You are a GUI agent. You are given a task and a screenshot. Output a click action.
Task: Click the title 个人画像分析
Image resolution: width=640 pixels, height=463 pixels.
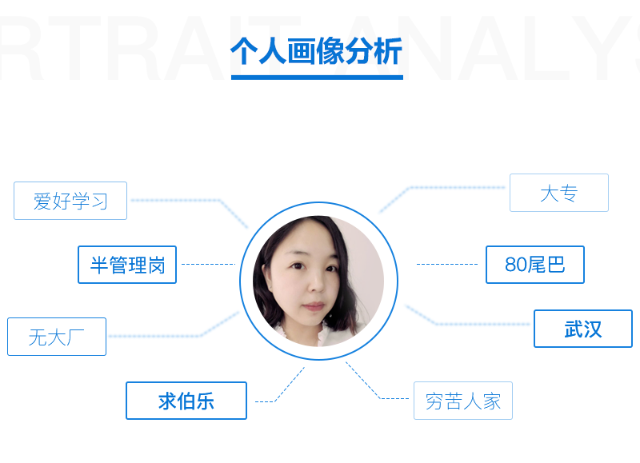(317, 51)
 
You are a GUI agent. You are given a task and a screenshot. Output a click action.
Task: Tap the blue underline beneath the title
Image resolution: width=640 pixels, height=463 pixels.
(317, 78)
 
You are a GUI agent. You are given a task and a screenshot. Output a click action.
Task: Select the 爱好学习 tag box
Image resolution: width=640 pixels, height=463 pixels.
(70, 201)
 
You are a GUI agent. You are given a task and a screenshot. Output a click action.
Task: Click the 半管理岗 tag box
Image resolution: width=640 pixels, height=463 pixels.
(127, 265)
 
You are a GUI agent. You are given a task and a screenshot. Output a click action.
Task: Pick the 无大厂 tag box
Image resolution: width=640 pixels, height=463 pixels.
(57, 337)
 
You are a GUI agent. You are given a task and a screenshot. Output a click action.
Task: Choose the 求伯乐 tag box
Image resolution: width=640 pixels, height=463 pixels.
(186, 401)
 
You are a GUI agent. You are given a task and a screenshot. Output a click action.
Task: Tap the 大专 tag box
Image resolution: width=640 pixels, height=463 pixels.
(559, 193)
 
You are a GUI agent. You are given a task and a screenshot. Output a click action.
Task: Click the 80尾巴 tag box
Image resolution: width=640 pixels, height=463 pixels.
(535, 265)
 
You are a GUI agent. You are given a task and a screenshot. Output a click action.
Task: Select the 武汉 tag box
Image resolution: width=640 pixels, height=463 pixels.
(583, 329)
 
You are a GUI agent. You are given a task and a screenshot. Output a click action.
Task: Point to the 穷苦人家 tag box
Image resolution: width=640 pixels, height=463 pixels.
(463, 401)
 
